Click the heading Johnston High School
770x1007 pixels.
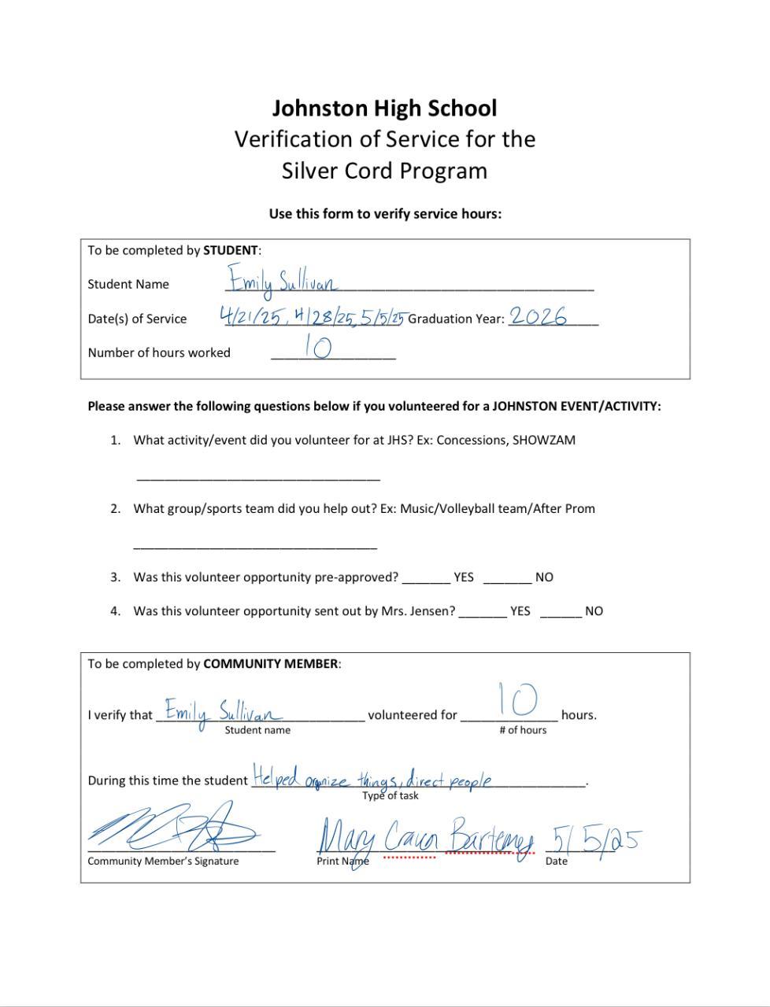click(384, 108)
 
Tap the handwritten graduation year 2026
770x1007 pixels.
click(538, 316)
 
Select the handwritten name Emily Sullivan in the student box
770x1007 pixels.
click(283, 281)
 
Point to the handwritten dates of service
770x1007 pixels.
click(312, 317)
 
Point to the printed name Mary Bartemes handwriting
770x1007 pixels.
click(425, 837)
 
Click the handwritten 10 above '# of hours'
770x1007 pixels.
click(517, 699)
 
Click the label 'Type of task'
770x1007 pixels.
click(391, 795)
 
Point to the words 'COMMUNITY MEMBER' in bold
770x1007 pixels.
click(271, 663)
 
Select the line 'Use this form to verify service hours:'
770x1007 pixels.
click(385, 213)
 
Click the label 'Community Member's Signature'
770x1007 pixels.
click(163, 861)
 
